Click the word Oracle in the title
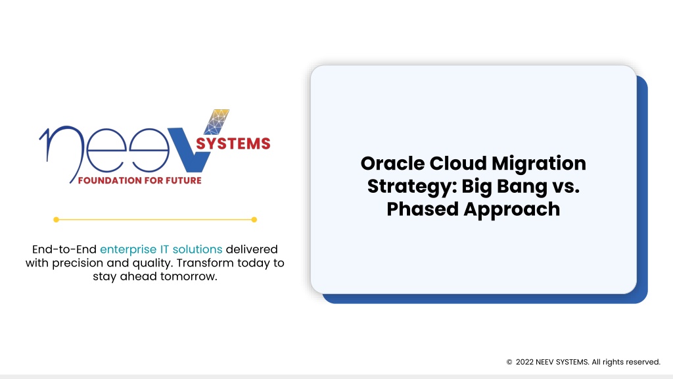[392, 163]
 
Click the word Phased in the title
[423, 209]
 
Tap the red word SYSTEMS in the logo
[233, 143]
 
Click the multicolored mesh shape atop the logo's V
[217, 122]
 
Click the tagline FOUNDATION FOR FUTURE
[139, 180]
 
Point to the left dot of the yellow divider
[57, 220]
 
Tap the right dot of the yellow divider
[254, 220]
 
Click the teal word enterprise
[128, 249]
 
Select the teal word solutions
[197, 249]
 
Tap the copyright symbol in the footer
[509, 363]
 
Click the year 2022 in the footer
[524, 363]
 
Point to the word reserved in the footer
[643, 363]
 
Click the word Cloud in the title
[458, 163]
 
